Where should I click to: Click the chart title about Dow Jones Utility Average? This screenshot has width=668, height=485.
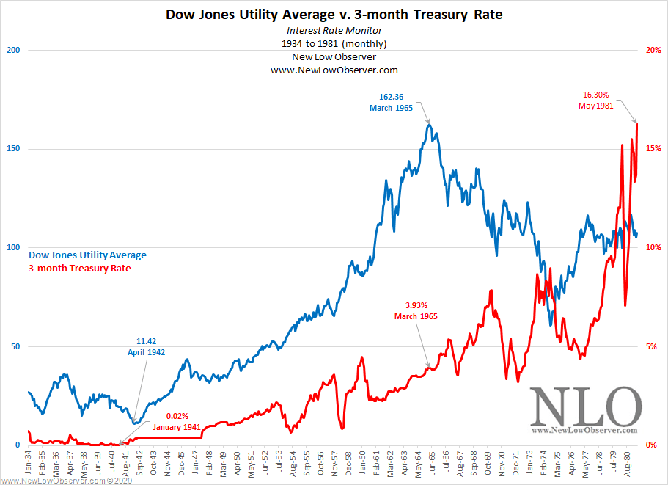[334, 14]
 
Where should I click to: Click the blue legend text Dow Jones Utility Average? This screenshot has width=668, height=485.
[87, 255]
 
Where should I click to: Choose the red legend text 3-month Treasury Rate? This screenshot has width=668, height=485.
[80, 269]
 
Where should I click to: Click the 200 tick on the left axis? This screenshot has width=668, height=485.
[12, 50]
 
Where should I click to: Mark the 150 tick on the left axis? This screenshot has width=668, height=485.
[12, 149]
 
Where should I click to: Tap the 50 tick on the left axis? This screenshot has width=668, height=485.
[15, 346]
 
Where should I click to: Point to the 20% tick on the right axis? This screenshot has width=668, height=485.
[653, 50]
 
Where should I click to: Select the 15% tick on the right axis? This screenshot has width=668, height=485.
[653, 149]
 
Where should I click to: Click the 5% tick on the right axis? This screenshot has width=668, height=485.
[654, 346]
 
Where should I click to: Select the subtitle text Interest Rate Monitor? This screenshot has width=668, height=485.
[334, 30]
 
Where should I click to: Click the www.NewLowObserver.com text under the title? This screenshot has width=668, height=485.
[334, 70]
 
